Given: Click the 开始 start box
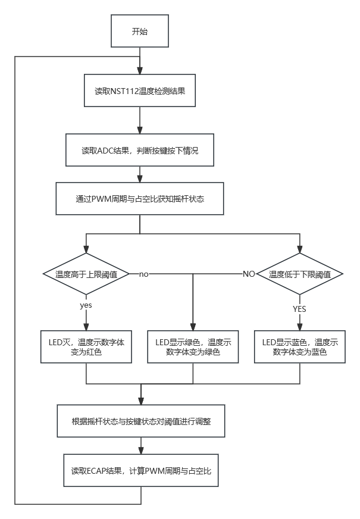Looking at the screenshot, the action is pyautogui.click(x=140, y=31).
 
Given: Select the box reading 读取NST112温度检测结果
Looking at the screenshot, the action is pyautogui.click(x=140, y=90).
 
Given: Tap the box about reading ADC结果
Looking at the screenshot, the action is pyautogui.click(x=140, y=150).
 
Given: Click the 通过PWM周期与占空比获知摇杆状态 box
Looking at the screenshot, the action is pyautogui.click(x=140, y=199).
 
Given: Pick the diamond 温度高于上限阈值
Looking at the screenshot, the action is pyautogui.click(x=86, y=274).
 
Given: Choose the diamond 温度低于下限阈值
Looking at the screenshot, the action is pyautogui.click(x=300, y=274).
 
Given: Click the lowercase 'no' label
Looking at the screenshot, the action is pyautogui.click(x=143, y=274).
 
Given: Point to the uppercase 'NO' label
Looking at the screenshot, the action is pyautogui.click(x=249, y=274).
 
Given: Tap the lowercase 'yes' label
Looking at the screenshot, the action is pyautogui.click(x=86, y=305).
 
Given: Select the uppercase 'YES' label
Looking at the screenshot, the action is pyautogui.click(x=299, y=309).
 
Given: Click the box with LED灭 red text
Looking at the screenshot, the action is pyautogui.click(x=86, y=346).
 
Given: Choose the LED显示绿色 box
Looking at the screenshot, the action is pyautogui.click(x=193, y=346).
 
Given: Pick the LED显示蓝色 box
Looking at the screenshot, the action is pyautogui.click(x=300, y=346).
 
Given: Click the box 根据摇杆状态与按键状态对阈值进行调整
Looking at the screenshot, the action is pyautogui.click(x=141, y=421).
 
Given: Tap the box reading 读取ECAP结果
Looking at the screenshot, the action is pyautogui.click(x=141, y=470).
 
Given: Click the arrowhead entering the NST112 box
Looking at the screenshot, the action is pyautogui.click(x=140, y=70).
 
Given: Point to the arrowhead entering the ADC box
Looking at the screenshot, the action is pyautogui.click(x=140, y=130).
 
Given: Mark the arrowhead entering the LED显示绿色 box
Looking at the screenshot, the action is pyautogui.click(x=193, y=327).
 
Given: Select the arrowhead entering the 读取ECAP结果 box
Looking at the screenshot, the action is pyautogui.click(x=141, y=451).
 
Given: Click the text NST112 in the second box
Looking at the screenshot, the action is pyautogui.click(x=124, y=90).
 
